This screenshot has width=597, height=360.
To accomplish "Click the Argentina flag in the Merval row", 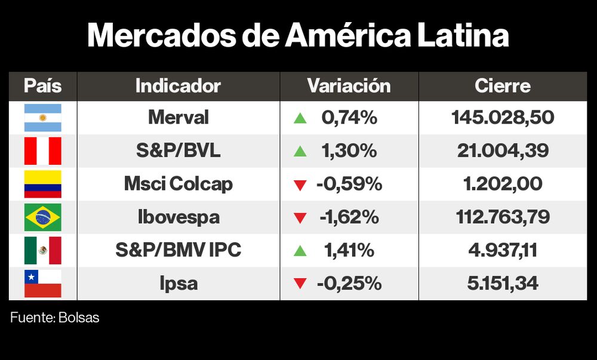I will (x=42, y=118).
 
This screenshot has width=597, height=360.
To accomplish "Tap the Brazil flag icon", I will (x=42, y=217).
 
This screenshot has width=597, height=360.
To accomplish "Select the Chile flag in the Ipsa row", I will (x=42, y=283).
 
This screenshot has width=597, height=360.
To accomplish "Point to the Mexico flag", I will (x=42, y=250).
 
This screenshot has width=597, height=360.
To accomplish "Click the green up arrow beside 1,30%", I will (x=300, y=152).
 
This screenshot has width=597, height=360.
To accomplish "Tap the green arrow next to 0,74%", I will (x=300, y=118).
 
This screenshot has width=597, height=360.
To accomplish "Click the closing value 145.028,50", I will (x=503, y=118).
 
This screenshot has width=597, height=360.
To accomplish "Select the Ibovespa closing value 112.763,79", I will (x=503, y=217).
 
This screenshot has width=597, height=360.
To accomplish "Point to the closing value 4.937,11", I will (x=503, y=250).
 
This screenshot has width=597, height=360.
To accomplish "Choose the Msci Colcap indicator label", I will (x=178, y=184).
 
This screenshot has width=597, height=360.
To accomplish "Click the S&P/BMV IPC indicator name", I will (x=178, y=250).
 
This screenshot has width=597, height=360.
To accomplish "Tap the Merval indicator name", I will (x=178, y=118).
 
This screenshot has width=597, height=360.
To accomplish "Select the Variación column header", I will (x=349, y=86).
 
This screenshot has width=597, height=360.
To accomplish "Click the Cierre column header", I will (x=503, y=86).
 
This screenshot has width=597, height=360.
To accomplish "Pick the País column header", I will (x=42, y=86).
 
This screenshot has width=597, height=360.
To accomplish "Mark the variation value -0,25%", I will (x=349, y=283).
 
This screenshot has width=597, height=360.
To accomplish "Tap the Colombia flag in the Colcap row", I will (x=42, y=184).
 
